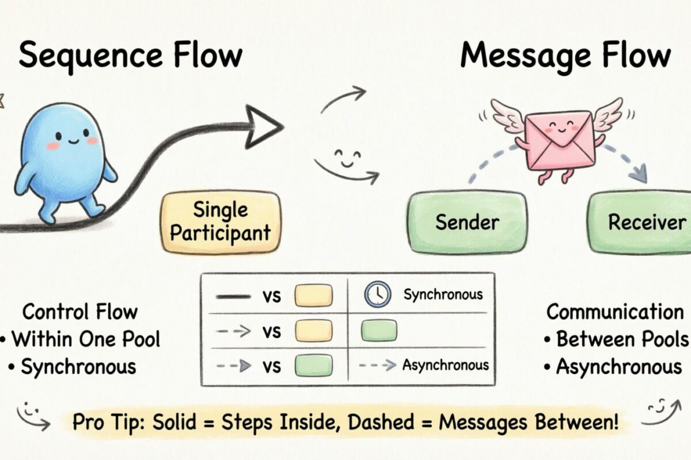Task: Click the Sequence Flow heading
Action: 130,56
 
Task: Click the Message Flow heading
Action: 565,56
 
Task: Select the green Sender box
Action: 467,223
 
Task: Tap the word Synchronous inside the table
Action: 442,295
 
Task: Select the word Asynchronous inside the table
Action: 445,365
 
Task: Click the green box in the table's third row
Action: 313,365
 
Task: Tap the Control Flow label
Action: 80,312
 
